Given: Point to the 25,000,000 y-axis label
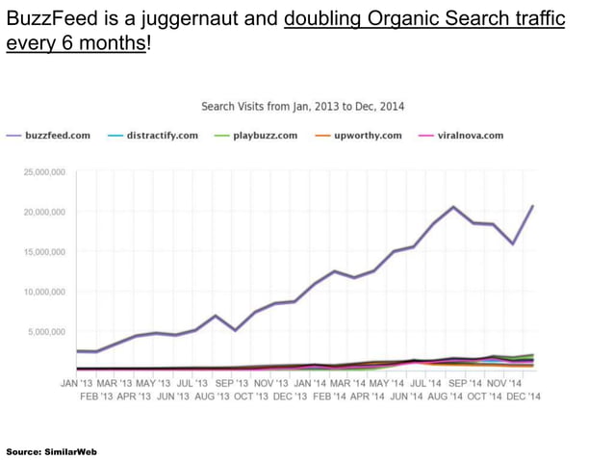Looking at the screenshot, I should click(x=43, y=172).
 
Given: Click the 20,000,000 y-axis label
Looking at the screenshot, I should click(x=43, y=212).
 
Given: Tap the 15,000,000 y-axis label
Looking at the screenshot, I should click(x=43, y=252).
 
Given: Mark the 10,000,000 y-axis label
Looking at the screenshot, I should click(x=43, y=292).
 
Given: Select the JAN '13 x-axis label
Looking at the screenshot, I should click(x=76, y=383).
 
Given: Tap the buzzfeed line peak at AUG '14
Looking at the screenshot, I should click(x=453, y=207).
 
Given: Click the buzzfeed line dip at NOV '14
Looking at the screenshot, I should click(x=513, y=243).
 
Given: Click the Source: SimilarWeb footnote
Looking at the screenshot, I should click(x=51, y=450).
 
